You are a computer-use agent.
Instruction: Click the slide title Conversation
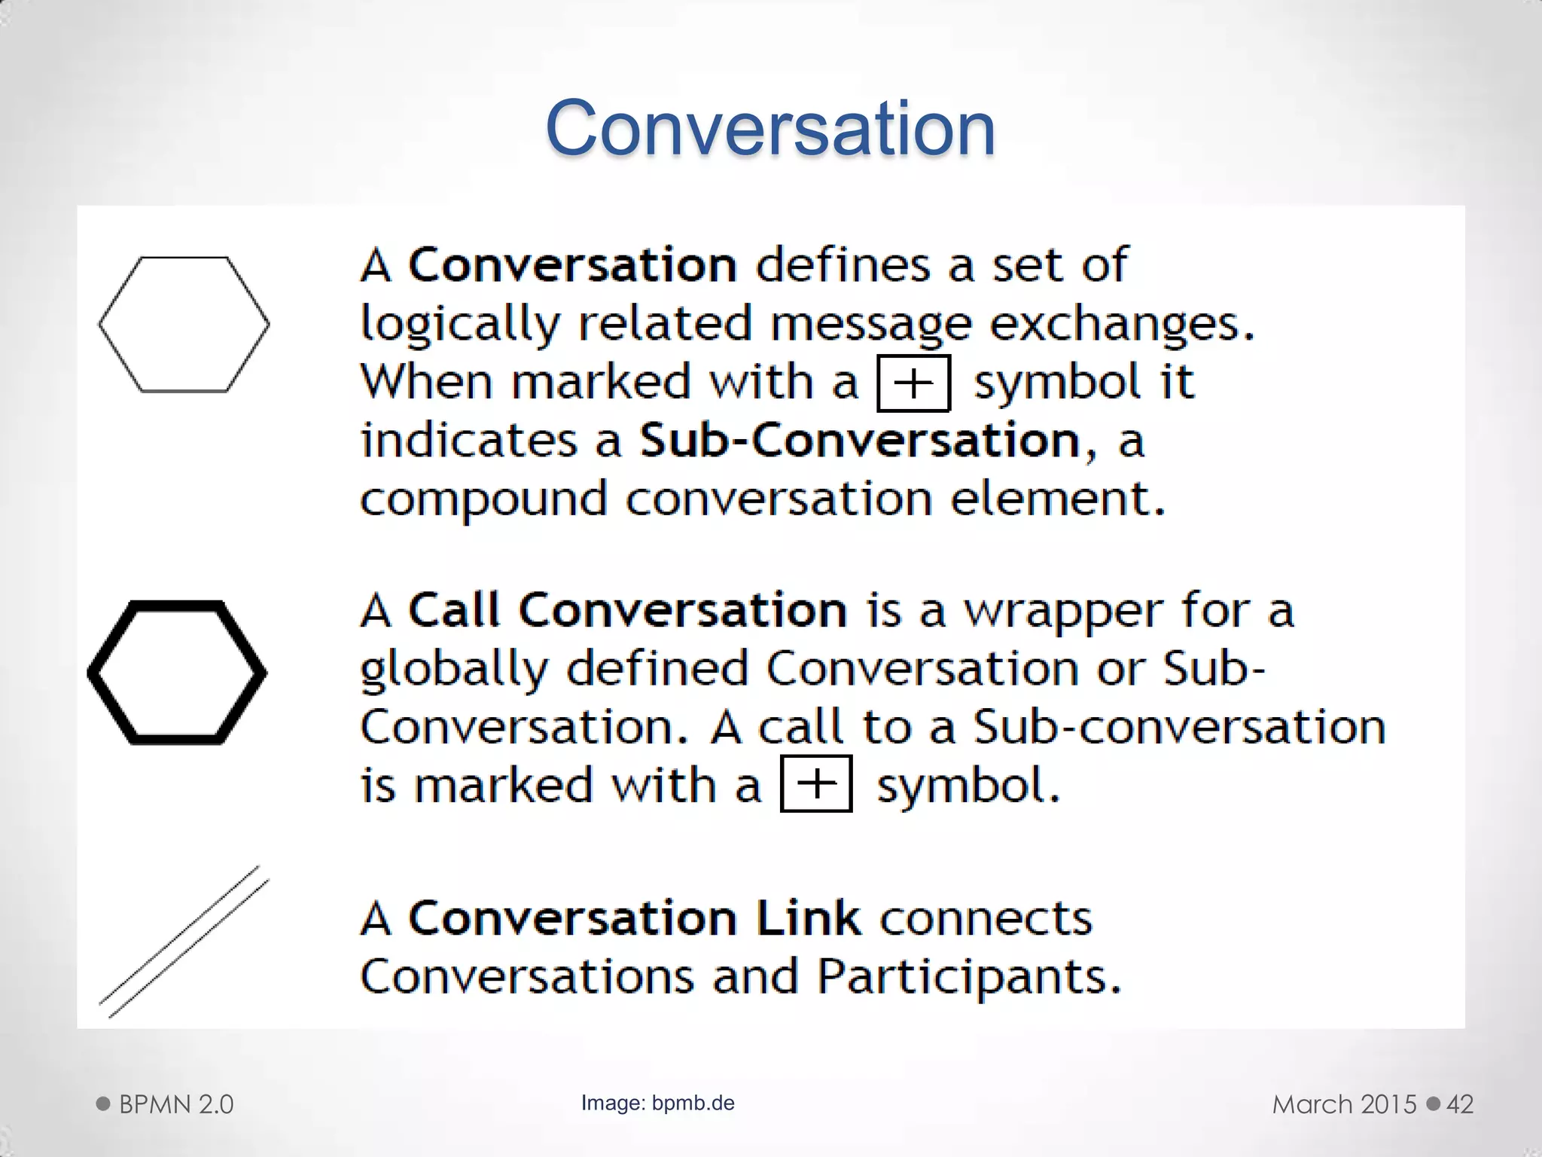pyautogui.click(x=769, y=128)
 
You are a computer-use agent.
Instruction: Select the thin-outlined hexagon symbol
pyautogui.click(x=184, y=325)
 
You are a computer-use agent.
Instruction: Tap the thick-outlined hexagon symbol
pyautogui.click(x=178, y=673)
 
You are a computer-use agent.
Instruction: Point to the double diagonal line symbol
pyautogui.click(x=184, y=942)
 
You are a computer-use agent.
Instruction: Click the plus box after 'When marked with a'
pyautogui.click(x=913, y=383)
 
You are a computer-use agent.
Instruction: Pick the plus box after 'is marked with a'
pyautogui.click(x=816, y=784)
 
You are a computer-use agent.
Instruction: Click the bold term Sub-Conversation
pyautogui.click(x=860, y=441)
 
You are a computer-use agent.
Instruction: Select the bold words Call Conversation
pyautogui.click(x=626, y=610)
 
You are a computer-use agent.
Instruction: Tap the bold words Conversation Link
pyautogui.click(x=634, y=918)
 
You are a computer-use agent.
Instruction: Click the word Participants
pyautogui.click(x=968, y=977)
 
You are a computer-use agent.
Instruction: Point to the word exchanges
pyautogui.click(x=1121, y=325)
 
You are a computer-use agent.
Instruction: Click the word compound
pyautogui.click(x=483, y=500)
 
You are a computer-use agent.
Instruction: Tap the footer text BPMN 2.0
pyautogui.click(x=176, y=1104)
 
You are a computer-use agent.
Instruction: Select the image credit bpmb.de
pyautogui.click(x=693, y=1103)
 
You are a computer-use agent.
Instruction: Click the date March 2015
pyautogui.click(x=1344, y=1104)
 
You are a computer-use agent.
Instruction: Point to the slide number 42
pyautogui.click(x=1460, y=1104)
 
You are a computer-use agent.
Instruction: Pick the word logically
pyautogui.click(x=460, y=325)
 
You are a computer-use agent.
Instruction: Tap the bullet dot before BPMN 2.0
pyautogui.click(x=103, y=1104)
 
